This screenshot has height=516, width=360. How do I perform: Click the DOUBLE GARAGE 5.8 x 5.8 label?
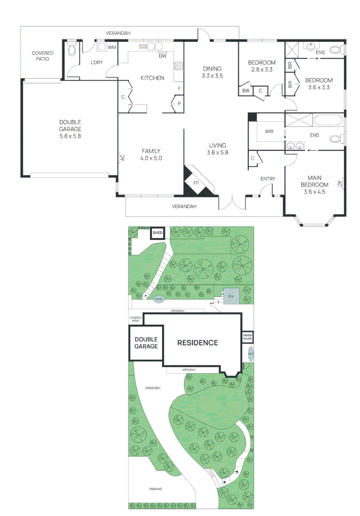[x=70, y=129]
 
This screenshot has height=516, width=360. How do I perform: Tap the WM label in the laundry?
[x=111, y=47]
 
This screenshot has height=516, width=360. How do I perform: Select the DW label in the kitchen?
[x=163, y=56]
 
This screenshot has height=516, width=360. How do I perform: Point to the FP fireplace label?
[x=196, y=183]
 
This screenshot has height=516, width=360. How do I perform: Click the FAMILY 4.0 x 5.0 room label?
[x=151, y=154]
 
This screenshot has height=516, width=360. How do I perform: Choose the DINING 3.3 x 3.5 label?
[x=212, y=72]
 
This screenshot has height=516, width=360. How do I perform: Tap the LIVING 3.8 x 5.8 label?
[x=217, y=149]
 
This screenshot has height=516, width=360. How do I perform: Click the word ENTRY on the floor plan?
[x=268, y=179]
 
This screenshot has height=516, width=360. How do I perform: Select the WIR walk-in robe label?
[x=269, y=131]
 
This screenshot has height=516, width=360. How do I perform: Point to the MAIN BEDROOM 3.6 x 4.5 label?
[x=314, y=184]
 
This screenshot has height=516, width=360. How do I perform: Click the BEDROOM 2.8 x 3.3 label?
[x=262, y=66]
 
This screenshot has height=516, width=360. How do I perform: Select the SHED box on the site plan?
[x=157, y=233]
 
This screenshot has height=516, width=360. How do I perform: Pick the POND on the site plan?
[x=159, y=300]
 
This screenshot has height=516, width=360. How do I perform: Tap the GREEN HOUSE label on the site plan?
[x=247, y=337]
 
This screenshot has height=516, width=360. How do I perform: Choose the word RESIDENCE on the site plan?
[x=197, y=343]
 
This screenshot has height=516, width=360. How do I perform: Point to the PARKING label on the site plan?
[x=155, y=489]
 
